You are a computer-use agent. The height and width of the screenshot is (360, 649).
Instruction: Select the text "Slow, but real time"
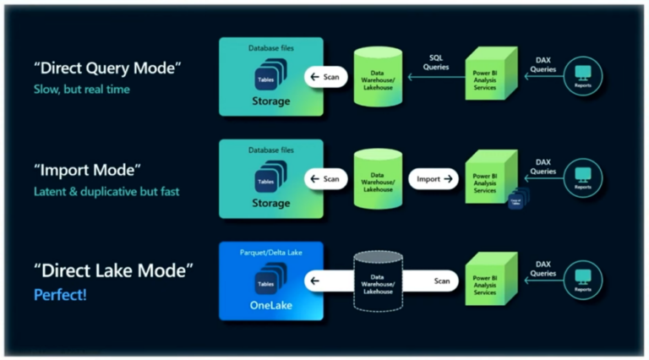click(x=81, y=89)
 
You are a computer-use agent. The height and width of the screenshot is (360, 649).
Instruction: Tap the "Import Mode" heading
click(x=86, y=170)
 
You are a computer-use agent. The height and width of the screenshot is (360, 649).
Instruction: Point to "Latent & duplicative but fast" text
click(x=106, y=191)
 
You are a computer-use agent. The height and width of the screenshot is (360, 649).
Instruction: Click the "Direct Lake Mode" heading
click(x=113, y=271)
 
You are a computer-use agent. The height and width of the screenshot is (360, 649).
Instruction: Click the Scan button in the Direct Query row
click(x=325, y=77)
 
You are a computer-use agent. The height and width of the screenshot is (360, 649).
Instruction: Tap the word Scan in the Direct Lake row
click(x=441, y=280)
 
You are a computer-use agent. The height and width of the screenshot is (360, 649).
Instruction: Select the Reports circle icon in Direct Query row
click(x=582, y=77)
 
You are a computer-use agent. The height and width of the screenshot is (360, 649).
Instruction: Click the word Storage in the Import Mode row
click(x=270, y=203)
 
